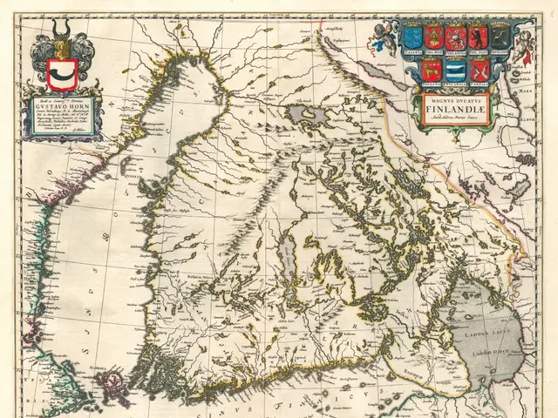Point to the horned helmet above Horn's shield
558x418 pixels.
[60, 39]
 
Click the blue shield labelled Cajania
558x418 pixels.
[413, 38]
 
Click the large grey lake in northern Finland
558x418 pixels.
[306, 114]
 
